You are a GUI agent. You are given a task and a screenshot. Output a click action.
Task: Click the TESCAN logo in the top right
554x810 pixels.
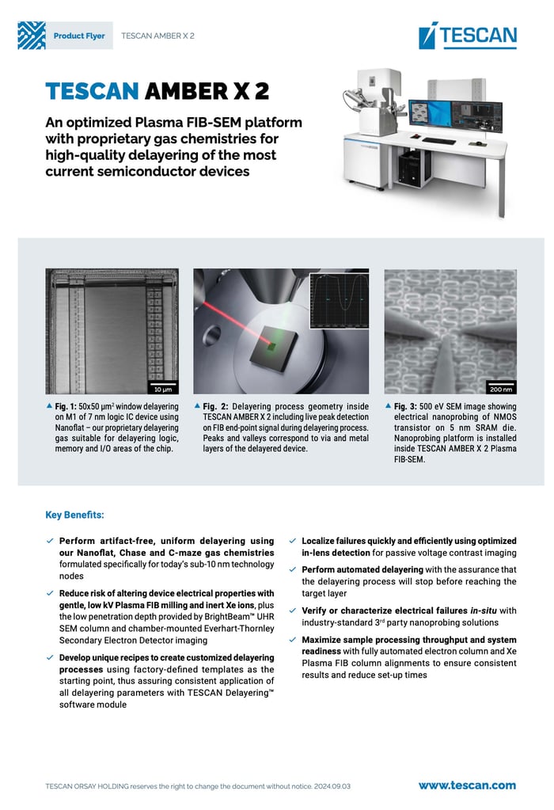click(x=468, y=36)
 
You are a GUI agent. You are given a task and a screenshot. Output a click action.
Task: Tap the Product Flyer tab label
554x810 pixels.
click(x=78, y=36)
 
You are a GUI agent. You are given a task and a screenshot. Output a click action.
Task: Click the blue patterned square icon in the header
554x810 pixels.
click(x=32, y=36)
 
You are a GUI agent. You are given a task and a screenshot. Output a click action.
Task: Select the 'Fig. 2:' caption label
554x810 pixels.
click(x=216, y=406)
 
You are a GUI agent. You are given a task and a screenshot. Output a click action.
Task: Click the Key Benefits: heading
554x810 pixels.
click(x=74, y=515)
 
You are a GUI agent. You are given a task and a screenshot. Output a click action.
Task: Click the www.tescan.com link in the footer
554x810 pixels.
click(x=467, y=785)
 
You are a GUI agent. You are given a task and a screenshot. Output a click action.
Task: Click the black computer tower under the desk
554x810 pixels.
click(x=409, y=167)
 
